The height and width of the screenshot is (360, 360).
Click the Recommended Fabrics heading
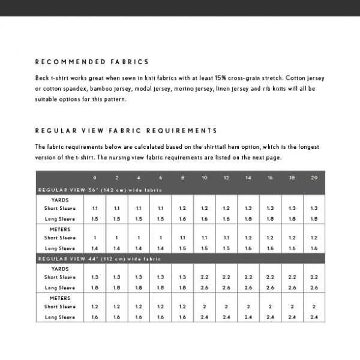click(x=92, y=62)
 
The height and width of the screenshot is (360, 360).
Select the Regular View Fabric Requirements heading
click(x=126, y=130)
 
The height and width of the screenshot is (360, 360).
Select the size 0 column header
click(x=95, y=178)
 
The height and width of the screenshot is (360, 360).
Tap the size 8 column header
click(x=182, y=178)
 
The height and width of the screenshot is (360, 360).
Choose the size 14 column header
click(x=248, y=178)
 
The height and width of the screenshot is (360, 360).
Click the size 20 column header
click(x=314, y=178)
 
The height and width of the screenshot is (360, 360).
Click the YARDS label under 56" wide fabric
click(x=60, y=200)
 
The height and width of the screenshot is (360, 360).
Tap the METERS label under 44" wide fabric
click(x=60, y=298)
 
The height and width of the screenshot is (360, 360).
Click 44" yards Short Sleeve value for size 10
click(x=205, y=277)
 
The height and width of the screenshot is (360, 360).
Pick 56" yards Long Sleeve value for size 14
click(x=248, y=219)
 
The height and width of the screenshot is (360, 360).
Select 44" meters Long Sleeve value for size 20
click(x=314, y=317)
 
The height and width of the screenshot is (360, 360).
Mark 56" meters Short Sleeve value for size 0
click(x=95, y=238)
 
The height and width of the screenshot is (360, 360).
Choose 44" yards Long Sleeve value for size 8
click(x=182, y=287)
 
